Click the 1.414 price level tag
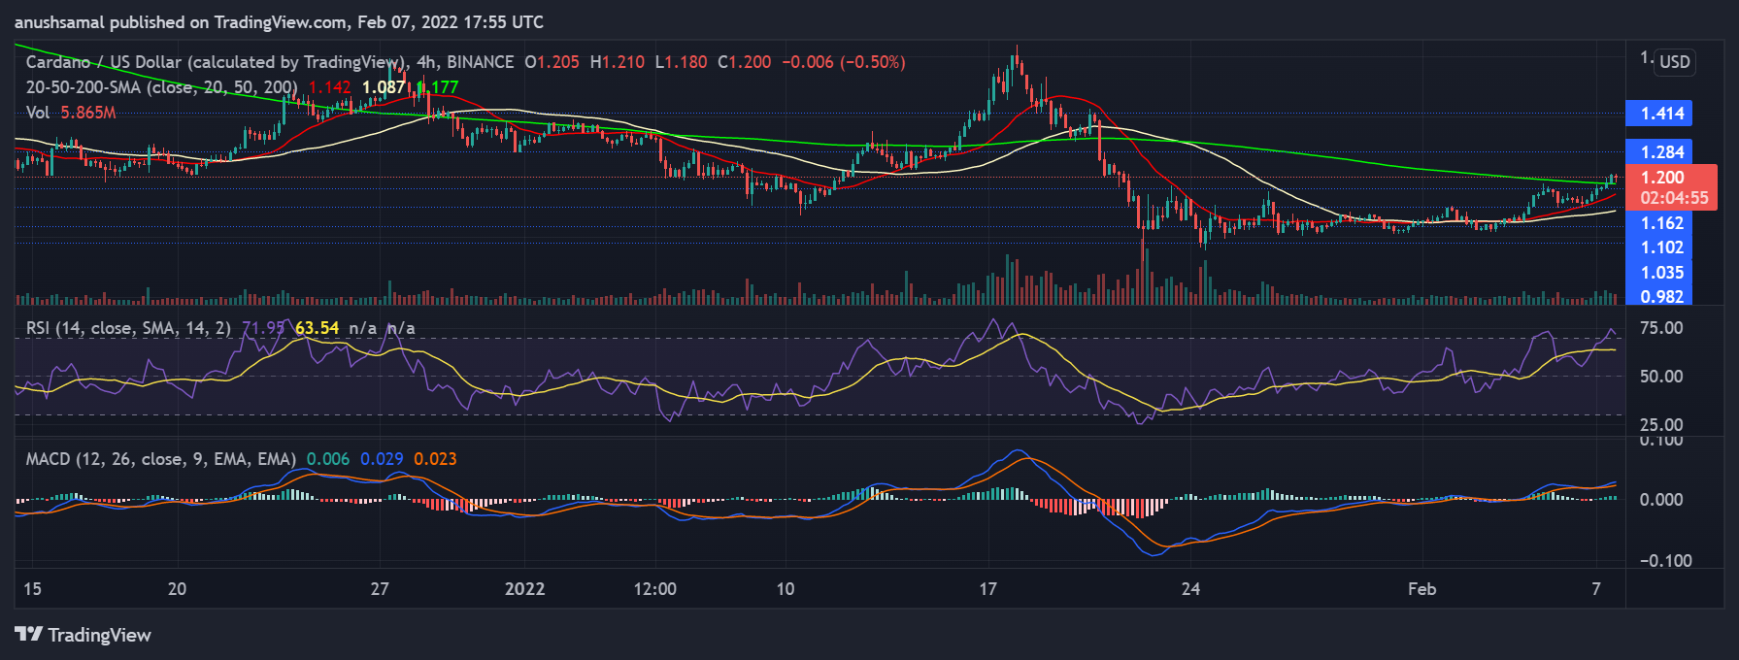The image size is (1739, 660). (x=1661, y=114)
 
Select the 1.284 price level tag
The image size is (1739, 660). (x=1661, y=152)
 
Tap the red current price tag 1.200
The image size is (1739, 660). (x=1661, y=178)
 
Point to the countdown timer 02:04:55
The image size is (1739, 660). (x=1673, y=198)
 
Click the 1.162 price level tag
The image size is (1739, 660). (x=1661, y=223)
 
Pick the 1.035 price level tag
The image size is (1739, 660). (x=1661, y=273)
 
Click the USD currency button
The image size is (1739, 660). (x=1674, y=62)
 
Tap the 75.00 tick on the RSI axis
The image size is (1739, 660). (x=1660, y=328)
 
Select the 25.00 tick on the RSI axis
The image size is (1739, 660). (x=1660, y=425)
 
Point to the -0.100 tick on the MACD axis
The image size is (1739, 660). (x=1665, y=561)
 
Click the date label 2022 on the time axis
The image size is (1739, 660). (x=524, y=589)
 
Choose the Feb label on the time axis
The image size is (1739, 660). (x=1421, y=589)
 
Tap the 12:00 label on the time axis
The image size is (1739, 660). (x=654, y=589)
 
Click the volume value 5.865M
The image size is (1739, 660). (x=88, y=113)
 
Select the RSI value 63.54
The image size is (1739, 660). (x=318, y=328)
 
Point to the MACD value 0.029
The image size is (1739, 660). (x=382, y=459)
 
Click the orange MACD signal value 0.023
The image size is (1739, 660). (x=435, y=459)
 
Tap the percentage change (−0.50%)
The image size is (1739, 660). (x=873, y=62)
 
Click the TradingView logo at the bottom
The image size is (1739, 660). (x=84, y=635)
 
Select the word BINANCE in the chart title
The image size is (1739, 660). (x=480, y=62)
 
